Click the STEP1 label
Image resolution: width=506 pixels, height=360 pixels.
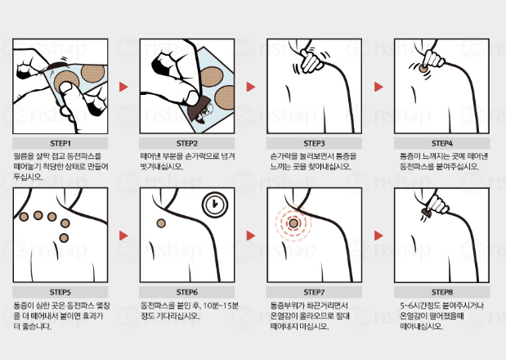point(59,141)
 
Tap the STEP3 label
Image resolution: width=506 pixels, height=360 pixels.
point(314,141)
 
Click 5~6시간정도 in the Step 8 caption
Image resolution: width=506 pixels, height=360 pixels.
point(419,304)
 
